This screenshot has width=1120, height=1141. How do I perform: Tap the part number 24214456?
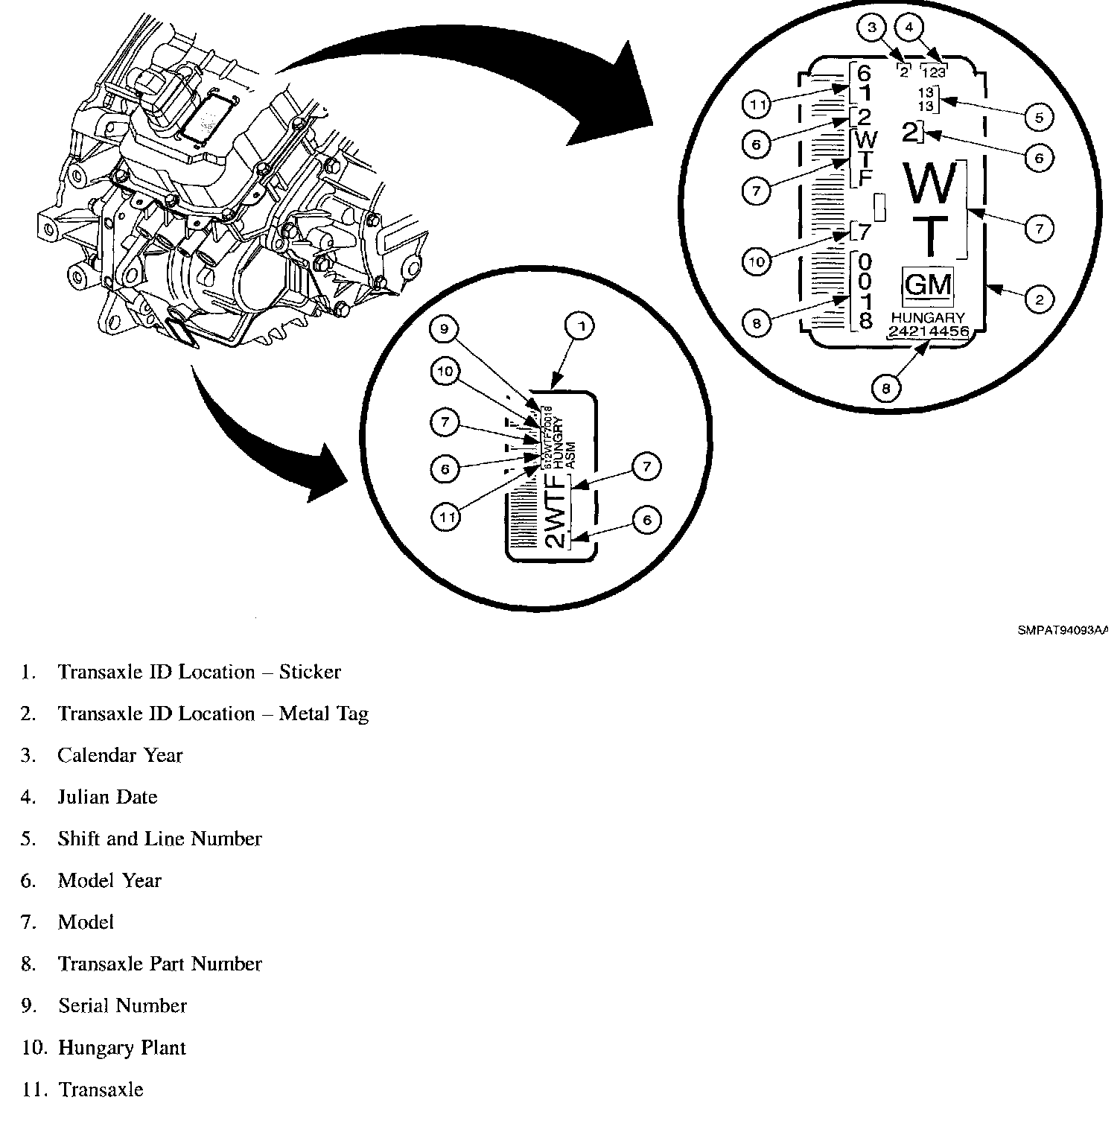tap(929, 331)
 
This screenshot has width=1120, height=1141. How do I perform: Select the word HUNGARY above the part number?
tap(928, 318)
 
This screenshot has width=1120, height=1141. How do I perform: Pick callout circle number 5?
tap(1039, 117)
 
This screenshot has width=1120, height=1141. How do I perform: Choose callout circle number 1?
tap(580, 325)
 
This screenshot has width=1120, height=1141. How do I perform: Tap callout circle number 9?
tap(445, 329)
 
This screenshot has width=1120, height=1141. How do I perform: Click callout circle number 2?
tap(1039, 299)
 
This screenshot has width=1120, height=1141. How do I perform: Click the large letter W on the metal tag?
tap(931, 182)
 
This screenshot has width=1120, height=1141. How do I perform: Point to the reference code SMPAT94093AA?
tap(1063, 630)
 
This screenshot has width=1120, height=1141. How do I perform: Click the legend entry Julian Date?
tap(107, 798)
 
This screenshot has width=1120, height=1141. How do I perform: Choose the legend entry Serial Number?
tap(122, 1006)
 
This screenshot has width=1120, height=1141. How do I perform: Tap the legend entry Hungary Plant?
tap(121, 1048)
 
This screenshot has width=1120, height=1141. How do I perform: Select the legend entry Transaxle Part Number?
tap(159, 964)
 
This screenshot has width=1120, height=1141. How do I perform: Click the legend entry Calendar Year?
tap(119, 756)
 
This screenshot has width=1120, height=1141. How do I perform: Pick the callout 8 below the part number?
tap(885, 387)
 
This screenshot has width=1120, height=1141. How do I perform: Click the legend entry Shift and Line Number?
tap(159, 839)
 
